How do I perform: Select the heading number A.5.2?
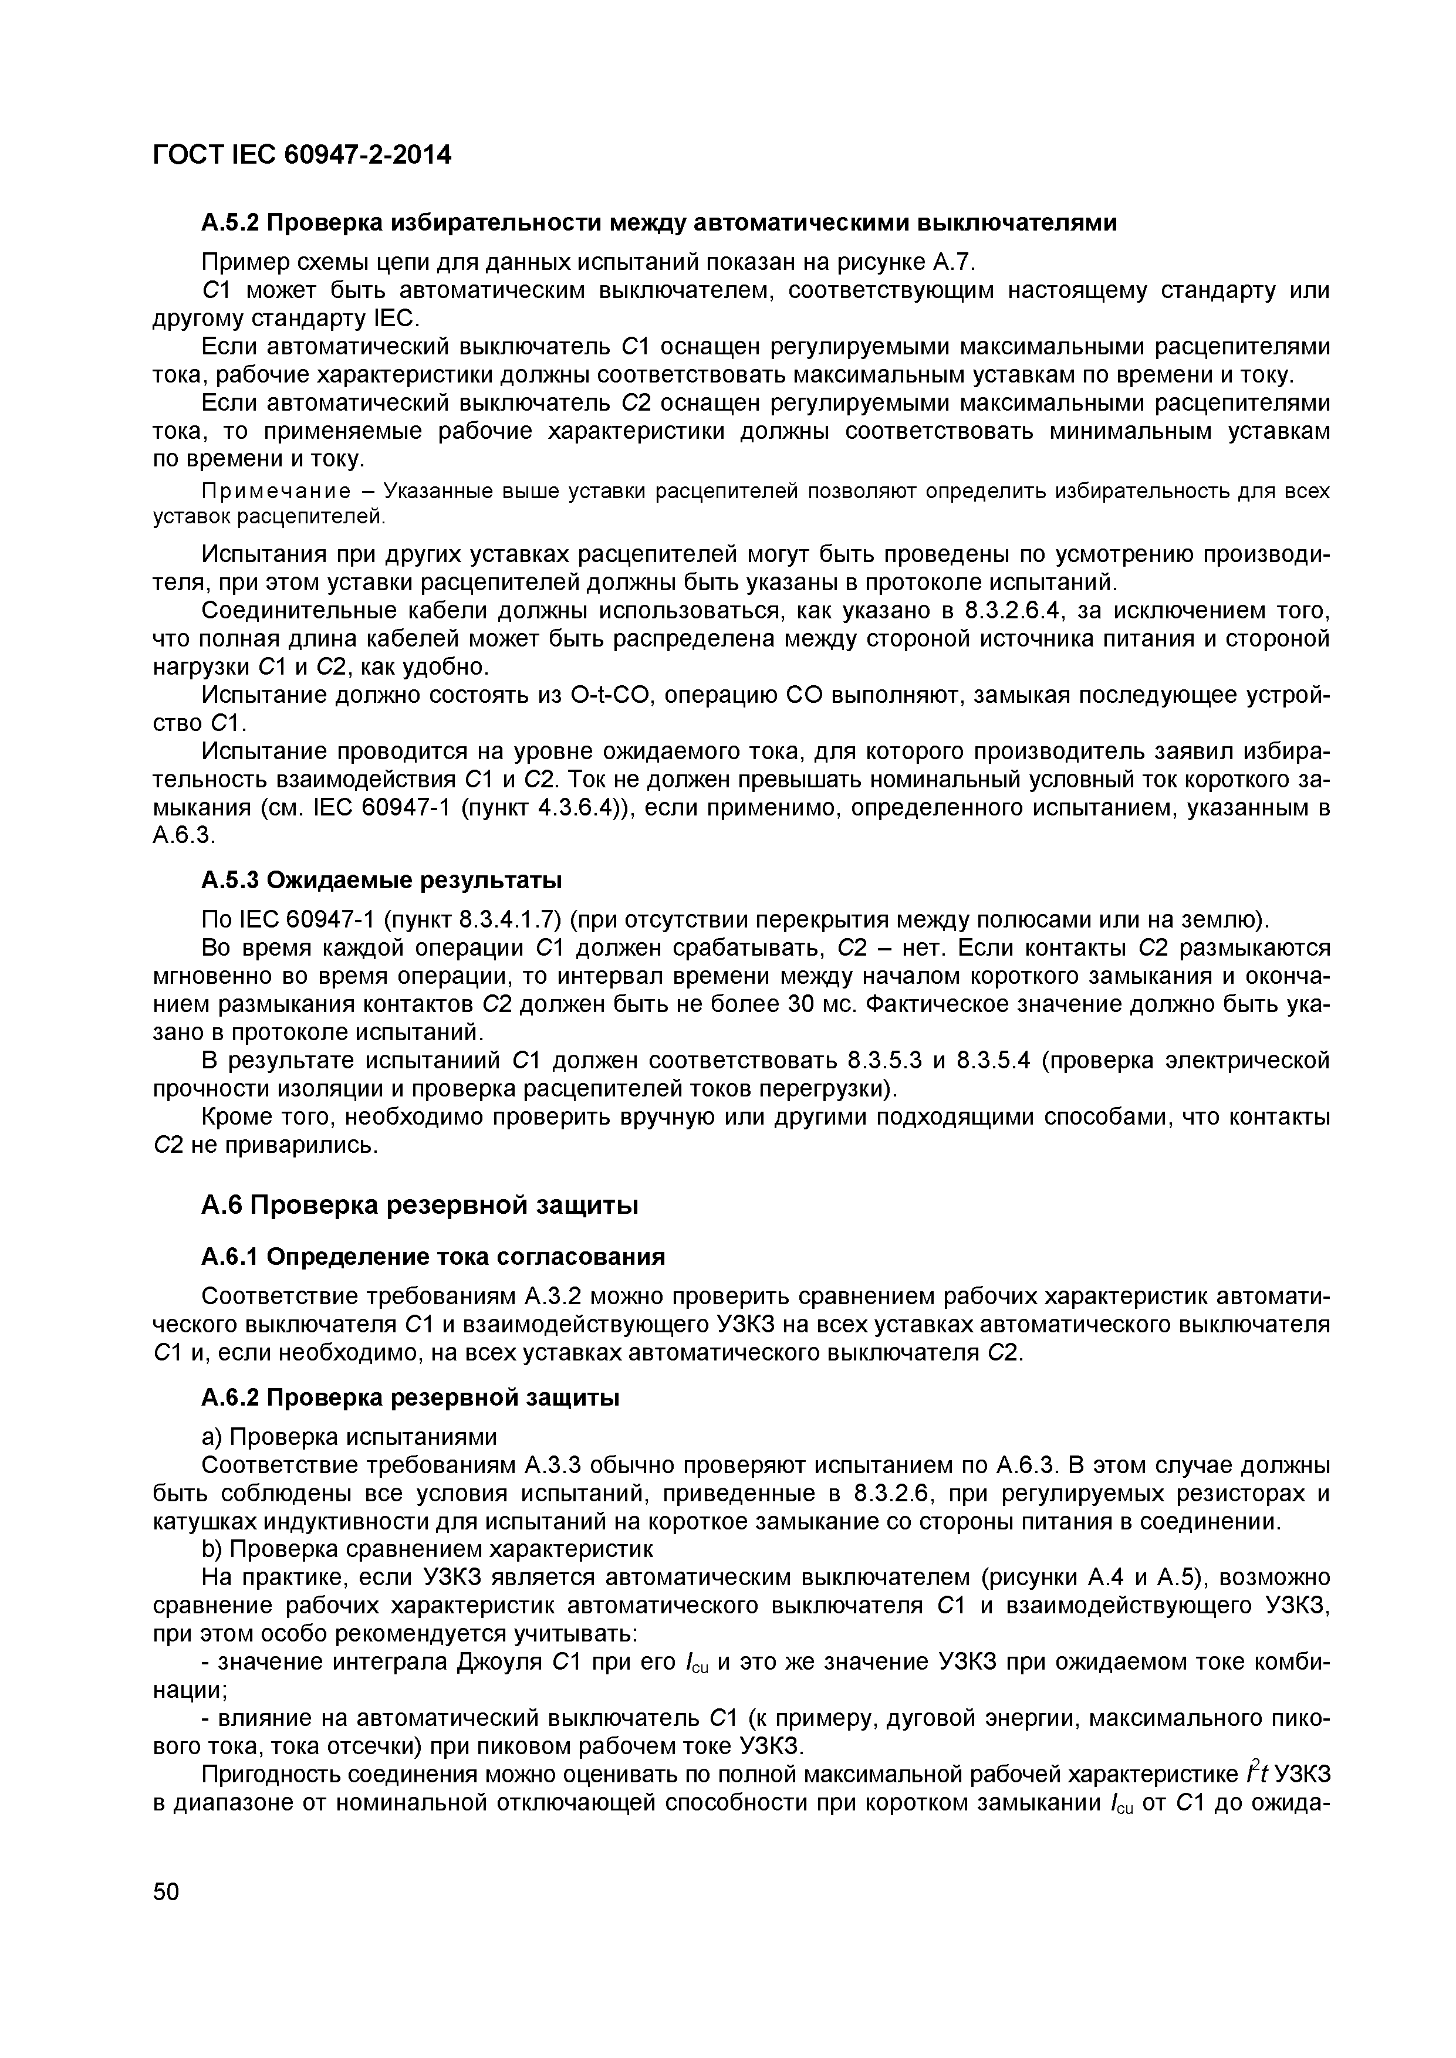(x=229, y=222)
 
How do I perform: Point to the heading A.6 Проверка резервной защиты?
(x=418, y=1206)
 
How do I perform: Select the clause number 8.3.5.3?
(x=884, y=1060)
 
